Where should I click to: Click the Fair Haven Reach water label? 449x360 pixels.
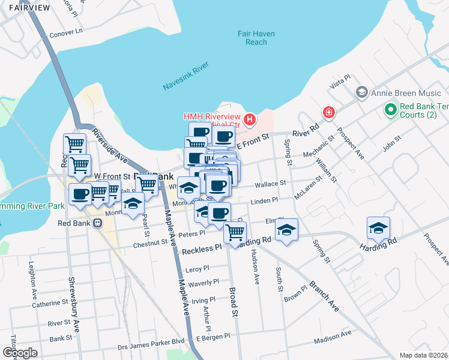tap(256, 38)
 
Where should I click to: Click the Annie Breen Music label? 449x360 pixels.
tap(406, 93)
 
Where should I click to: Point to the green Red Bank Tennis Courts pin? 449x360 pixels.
tap(390, 110)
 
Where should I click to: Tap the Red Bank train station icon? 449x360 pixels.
tap(97, 223)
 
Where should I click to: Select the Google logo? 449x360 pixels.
tap(20, 352)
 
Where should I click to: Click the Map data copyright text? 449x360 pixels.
tap(424, 355)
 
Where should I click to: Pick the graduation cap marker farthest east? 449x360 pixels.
tap(378, 229)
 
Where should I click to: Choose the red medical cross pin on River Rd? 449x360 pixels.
tap(328, 112)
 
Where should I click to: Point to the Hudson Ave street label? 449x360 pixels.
tap(255, 268)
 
